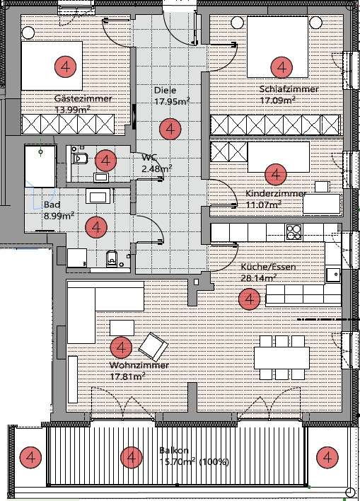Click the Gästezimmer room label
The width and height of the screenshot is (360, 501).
tap(83, 98)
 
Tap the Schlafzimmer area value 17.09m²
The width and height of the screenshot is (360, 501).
tap(277, 100)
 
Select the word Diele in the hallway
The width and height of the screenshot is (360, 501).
tap(165, 91)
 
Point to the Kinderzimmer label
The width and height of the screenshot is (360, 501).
tap(276, 194)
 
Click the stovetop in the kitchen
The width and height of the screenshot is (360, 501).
tap(294, 232)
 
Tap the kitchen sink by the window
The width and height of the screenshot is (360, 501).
tap(333, 275)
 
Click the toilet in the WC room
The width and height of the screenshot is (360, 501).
tap(80, 159)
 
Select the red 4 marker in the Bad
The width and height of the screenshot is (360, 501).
tap(95, 227)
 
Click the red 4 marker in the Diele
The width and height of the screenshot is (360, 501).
tap(170, 129)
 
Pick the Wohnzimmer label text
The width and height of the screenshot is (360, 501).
tap(139, 365)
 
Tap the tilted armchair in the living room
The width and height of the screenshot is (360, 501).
tap(153, 347)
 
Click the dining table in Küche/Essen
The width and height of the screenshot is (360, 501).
tap(281, 358)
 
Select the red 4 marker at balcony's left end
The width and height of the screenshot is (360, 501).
tap(30, 458)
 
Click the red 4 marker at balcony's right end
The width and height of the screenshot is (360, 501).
tap(327, 458)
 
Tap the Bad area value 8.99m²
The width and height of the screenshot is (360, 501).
tap(59, 216)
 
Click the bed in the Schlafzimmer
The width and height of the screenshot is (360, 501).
tap(277, 47)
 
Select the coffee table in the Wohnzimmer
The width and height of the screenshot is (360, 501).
tap(122, 328)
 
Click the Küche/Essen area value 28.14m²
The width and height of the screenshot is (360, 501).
tap(259, 277)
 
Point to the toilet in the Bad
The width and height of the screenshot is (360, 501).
tap(112, 258)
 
